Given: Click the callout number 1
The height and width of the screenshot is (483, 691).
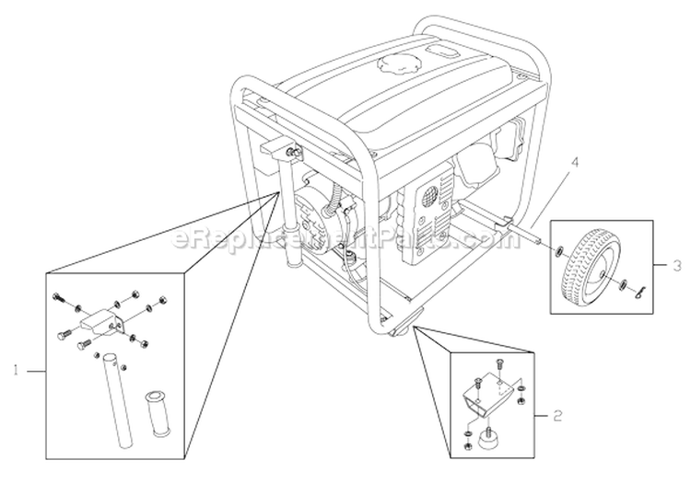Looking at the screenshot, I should [x=16, y=371].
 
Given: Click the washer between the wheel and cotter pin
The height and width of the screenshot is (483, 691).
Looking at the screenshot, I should [x=624, y=282].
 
